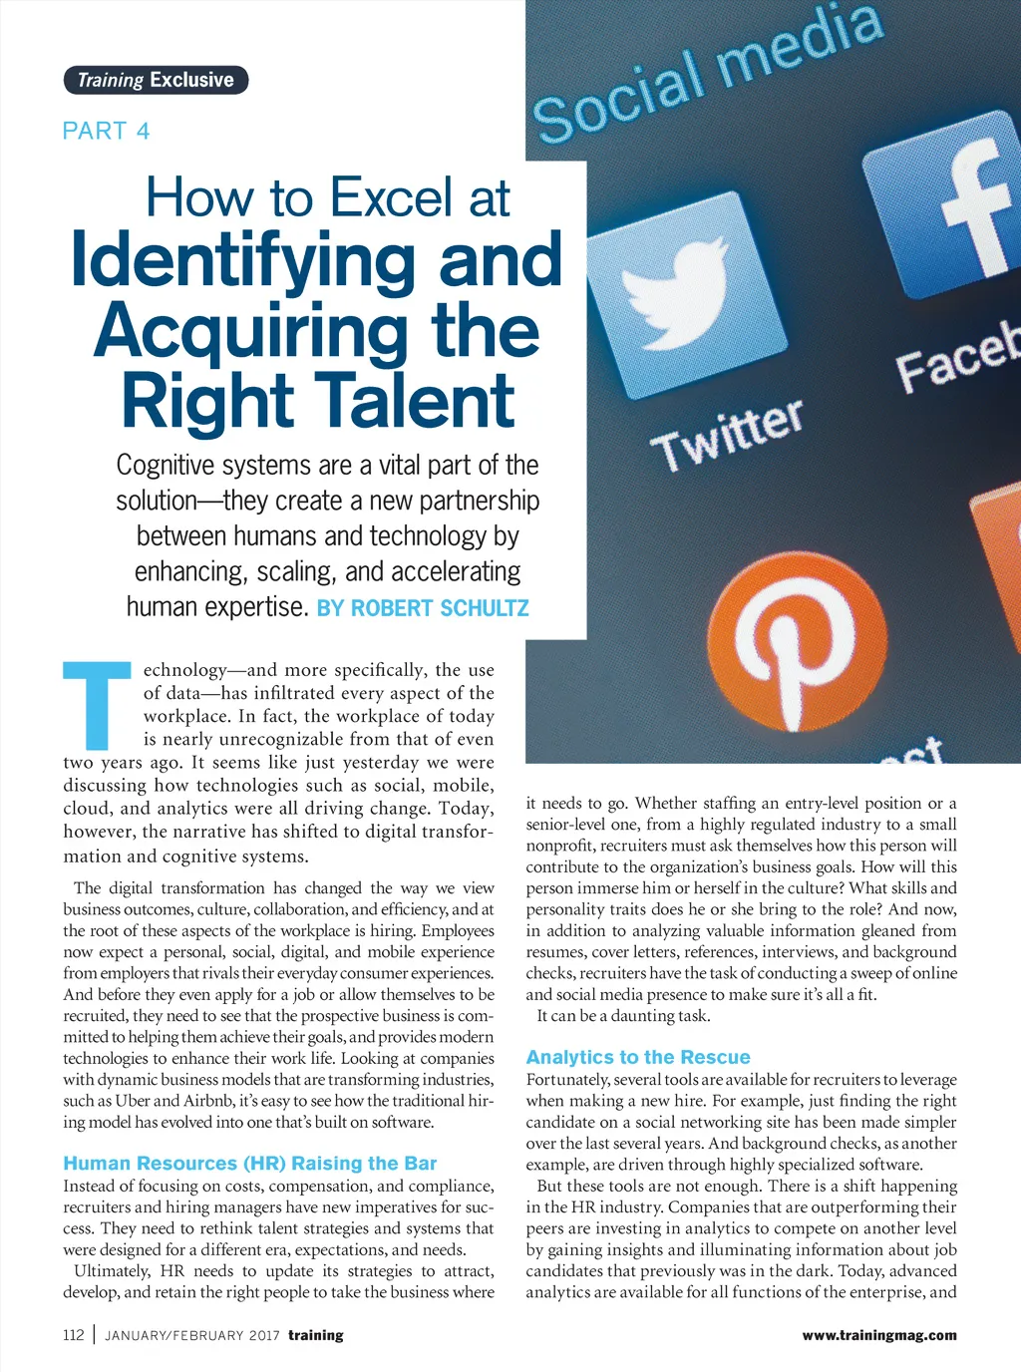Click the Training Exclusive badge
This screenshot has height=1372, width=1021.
[156, 80]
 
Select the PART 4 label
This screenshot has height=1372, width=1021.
[106, 131]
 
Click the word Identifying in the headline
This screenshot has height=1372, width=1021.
[243, 259]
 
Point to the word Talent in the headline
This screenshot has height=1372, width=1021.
[420, 401]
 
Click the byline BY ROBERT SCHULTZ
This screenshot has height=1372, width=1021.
[423, 608]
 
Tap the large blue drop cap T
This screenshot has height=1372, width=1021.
[97, 705]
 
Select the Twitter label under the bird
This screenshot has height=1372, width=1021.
[728, 435]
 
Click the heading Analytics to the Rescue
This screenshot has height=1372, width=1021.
[638, 1057]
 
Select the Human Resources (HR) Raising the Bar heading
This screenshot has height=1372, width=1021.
[250, 1163]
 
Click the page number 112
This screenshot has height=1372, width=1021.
[74, 1335]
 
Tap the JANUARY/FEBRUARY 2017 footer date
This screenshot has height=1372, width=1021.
[191, 1336]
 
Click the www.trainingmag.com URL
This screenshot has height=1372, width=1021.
[878, 1335]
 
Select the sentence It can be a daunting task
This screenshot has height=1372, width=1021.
[623, 1016]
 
